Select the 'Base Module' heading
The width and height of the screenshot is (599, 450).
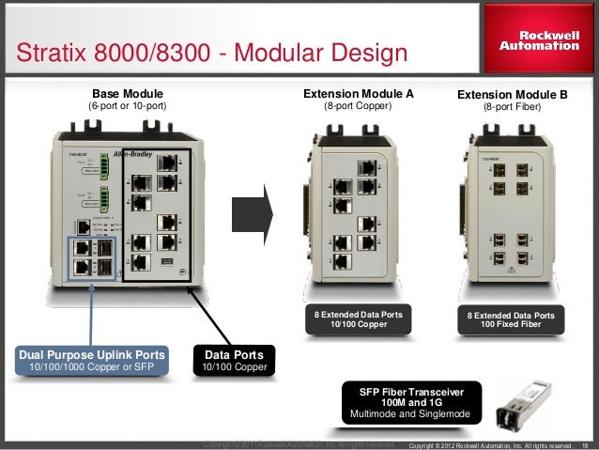coord(127,94)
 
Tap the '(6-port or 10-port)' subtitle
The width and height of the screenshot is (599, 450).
coord(127,107)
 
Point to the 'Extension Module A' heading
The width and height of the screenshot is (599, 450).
coord(358,94)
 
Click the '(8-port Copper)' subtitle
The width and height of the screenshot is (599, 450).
coord(358,107)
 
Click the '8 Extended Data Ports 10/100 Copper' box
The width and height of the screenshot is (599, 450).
coord(359,320)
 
